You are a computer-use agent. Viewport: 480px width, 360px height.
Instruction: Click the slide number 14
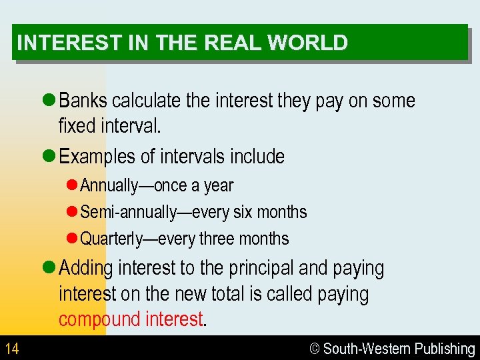click(11, 349)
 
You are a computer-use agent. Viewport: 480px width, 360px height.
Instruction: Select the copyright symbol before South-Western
click(315, 349)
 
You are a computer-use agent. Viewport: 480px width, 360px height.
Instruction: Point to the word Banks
click(83, 101)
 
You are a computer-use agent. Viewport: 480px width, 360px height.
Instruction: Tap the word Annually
click(108, 185)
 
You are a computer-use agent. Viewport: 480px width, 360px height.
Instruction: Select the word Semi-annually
click(125, 212)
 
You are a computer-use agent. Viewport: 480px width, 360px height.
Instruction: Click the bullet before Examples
click(49, 157)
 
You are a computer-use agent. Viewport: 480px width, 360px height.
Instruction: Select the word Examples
click(98, 157)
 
